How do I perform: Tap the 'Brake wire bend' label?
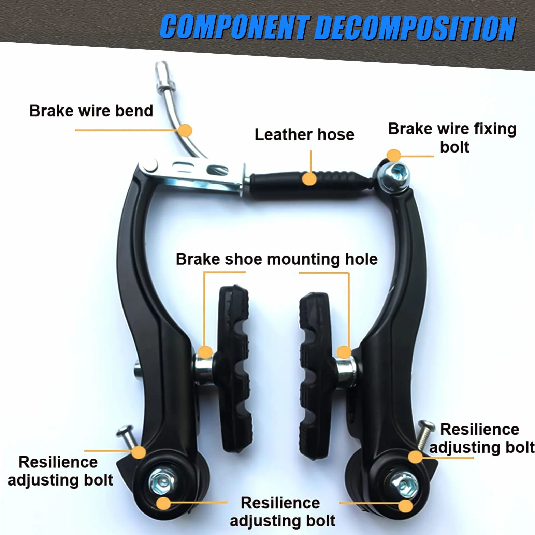(91, 111)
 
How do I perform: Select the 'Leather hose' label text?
(304, 134)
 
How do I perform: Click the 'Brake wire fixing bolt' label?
(452, 138)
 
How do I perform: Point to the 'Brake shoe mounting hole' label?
(277, 259)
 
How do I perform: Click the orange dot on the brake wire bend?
(185, 130)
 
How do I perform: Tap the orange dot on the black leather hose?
(309, 179)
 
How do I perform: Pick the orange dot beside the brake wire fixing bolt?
(394, 156)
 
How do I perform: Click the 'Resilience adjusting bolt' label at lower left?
(60, 471)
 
